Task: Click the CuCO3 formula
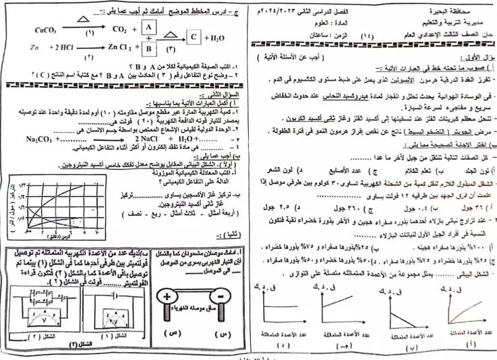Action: coord(28,28)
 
